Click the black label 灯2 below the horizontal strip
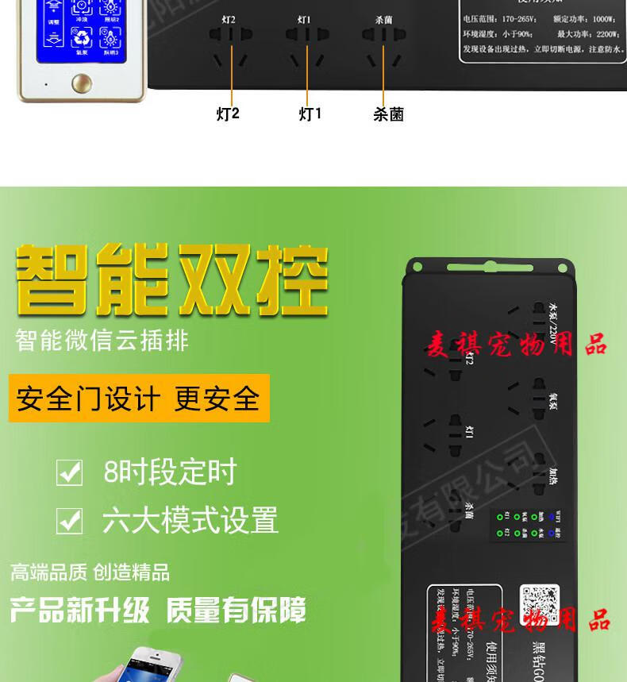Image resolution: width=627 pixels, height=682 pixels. tap(228, 114)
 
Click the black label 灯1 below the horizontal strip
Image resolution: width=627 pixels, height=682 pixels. tap(310, 114)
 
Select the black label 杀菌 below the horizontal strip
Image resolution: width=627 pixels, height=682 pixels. tap(389, 115)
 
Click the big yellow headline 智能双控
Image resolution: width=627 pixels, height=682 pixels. tap(171, 278)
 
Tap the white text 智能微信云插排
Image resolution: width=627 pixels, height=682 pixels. tap(102, 340)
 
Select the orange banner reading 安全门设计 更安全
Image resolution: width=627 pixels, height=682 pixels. tap(139, 399)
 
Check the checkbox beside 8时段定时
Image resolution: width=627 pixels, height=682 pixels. tap(69, 473)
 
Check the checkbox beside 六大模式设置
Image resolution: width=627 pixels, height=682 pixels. tap(69, 522)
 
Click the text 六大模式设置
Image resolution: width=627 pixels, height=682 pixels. tap(190, 521)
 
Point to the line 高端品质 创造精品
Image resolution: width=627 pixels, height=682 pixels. tap(90, 572)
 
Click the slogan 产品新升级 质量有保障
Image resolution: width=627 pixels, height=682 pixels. tap(158, 611)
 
